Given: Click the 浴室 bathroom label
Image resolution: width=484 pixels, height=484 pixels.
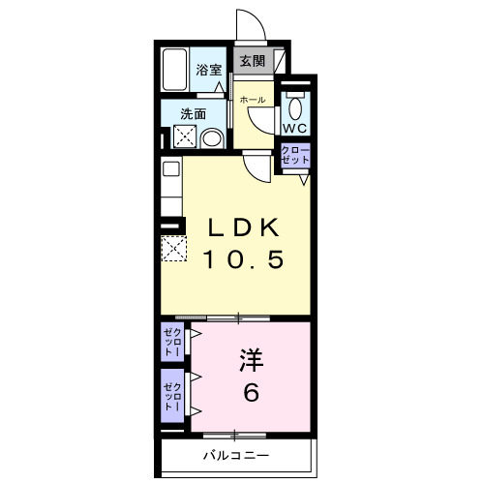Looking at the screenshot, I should [x=209, y=70].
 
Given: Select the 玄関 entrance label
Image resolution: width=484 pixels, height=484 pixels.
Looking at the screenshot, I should [x=252, y=61].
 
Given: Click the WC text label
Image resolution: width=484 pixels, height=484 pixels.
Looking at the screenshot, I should [x=294, y=127].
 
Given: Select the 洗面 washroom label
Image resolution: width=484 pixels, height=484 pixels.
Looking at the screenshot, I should [x=193, y=113].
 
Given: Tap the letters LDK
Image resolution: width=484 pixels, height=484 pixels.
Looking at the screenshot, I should [x=246, y=228].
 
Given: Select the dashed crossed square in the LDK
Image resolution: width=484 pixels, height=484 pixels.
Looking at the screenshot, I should [x=172, y=249].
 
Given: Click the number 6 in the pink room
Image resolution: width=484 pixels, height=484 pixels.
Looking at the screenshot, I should [x=251, y=394].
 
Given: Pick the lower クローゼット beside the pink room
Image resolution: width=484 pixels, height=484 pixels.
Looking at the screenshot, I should [x=171, y=394].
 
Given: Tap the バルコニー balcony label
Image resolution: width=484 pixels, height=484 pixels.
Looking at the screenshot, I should [x=235, y=454].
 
